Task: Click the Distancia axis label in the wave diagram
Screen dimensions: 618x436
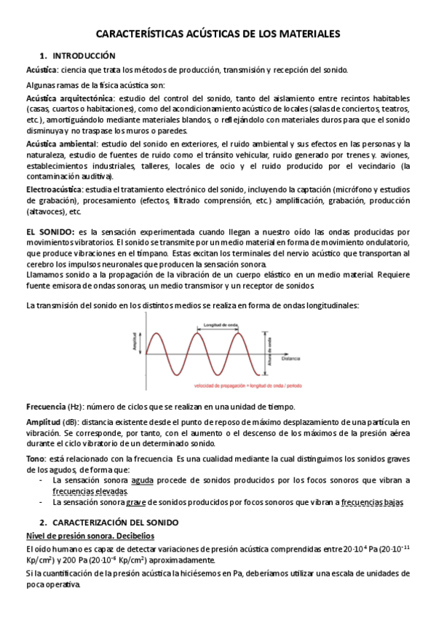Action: point(291,360)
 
